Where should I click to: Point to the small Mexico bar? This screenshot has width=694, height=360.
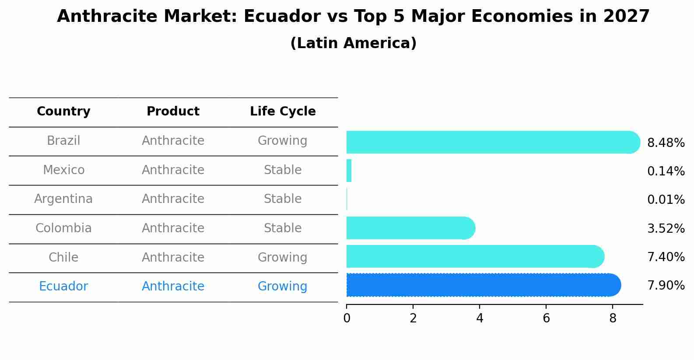(349, 171)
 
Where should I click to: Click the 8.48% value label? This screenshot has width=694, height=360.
(666, 143)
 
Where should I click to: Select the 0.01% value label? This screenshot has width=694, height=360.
(666, 200)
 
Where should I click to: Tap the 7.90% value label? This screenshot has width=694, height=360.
(666, 286)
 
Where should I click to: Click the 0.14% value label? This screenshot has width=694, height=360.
(666, 171)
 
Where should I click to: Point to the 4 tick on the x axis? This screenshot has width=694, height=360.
(480, 318)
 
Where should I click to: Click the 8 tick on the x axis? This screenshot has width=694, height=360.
(613, 318)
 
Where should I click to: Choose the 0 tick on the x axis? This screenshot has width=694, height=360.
(347, 318)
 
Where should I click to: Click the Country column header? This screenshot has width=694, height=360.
(63, 112)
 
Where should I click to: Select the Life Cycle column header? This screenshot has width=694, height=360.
(283, 112)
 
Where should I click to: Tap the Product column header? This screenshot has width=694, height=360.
(173, 112)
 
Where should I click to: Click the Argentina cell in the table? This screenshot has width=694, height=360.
(63, 199)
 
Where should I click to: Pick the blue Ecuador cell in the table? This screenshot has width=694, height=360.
(63, 287)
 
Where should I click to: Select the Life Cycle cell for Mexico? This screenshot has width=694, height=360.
(283, 170)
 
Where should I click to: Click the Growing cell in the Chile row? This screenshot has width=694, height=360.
(283, 258)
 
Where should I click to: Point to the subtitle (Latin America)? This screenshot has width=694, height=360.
(353, 43)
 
